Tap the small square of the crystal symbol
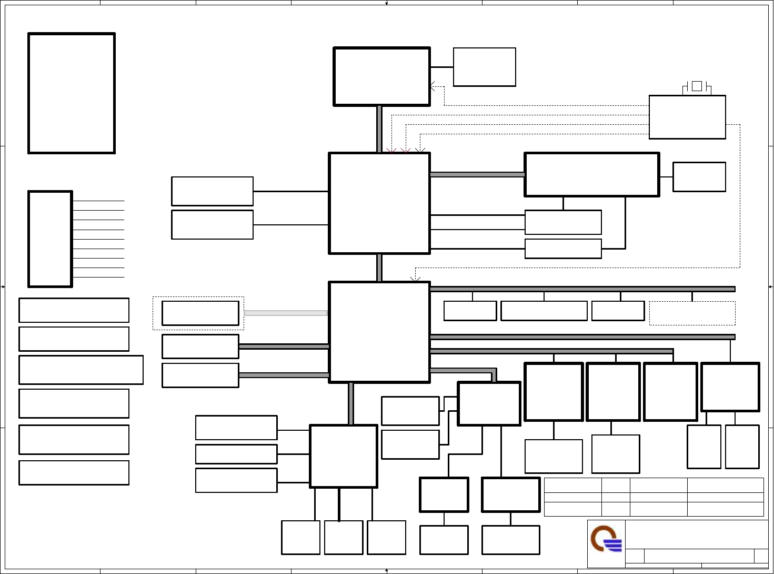[697, 86]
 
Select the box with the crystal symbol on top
[687, 117]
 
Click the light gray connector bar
[286, 313]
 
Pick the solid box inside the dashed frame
[200, 313]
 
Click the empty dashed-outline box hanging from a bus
[692, 313]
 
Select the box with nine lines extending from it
[50, 239]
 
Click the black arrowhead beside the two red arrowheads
[420, 151]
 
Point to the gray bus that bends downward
[463, 371]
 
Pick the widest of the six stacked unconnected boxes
[81, 370]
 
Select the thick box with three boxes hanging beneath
[343, 456]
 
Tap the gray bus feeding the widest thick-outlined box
[477, 174]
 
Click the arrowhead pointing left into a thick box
[433, 86]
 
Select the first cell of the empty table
[572, 485]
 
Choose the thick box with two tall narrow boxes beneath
[730, 387]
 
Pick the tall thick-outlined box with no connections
[72, 93]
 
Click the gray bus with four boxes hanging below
[582, 289]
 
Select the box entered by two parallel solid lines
[563, 222]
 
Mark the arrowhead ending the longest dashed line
[416, 279]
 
